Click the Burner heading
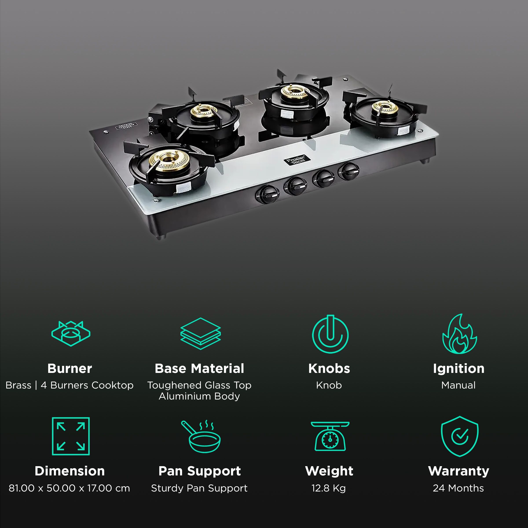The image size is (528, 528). pos(70,368)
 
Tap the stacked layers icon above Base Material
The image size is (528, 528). pos(200,334)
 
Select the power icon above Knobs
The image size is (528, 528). pos(330,334)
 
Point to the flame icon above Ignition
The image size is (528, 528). pos(459,334)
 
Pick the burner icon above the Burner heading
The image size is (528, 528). pos(71,334)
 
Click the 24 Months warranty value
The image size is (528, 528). pos(458,488)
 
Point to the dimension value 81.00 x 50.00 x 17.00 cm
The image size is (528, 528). pos(70,488)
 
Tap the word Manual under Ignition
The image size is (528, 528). pos(458,385)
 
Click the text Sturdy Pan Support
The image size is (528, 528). pos(199,488)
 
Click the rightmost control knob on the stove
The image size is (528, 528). pos(349,171)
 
